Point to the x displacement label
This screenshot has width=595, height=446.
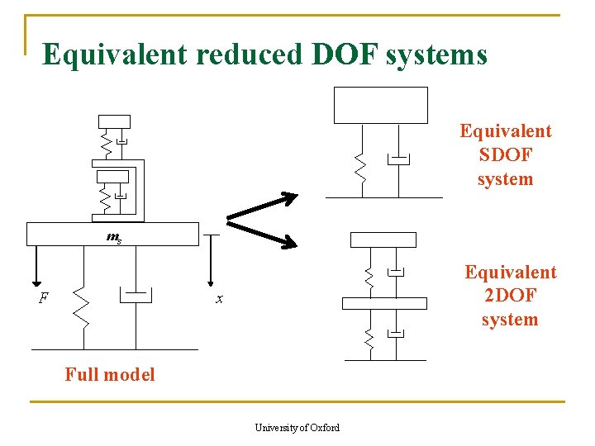(x=219, y=299)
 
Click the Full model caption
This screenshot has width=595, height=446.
(x=110, y=374)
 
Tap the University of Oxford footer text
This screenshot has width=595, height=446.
(x=297, y=427)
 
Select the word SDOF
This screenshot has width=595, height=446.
(x=505, y=155)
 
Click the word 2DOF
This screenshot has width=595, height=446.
(x=509, y=296)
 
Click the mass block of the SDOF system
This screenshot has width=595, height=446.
(x=380, y=105)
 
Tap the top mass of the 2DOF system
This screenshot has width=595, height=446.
(x=383, y=240)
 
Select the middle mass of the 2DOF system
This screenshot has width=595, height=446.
(x=384, y=302)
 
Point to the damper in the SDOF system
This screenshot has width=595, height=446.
(x=398, y=159)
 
